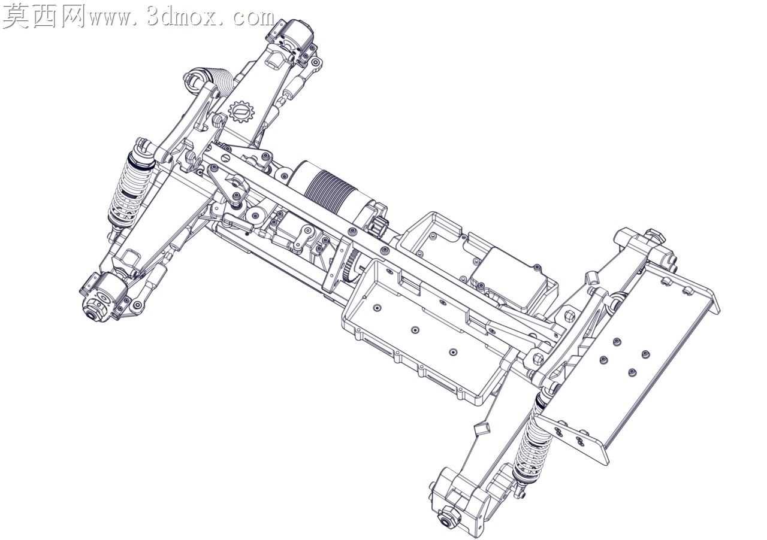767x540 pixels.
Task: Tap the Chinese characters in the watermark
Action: tap(44, 16)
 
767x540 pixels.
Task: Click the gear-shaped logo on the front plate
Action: tap(241, 111)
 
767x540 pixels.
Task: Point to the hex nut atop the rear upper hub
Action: tap(654, 236)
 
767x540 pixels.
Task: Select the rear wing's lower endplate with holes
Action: tap(572, 441)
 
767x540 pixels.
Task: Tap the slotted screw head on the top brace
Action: tap(225, 158)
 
